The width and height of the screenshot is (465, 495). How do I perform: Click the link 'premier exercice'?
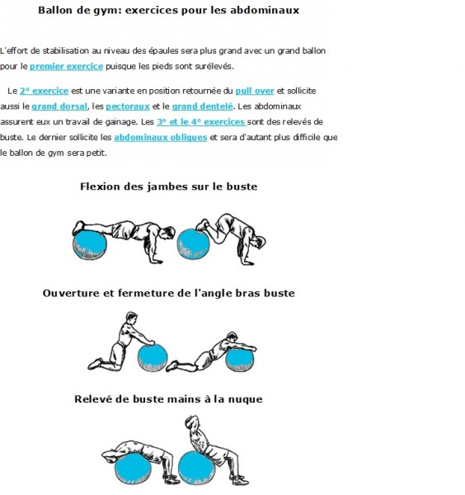pyautogui.click(x=66, y=66)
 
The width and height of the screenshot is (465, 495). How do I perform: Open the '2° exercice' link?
pyautogui.click(x=44, y=91)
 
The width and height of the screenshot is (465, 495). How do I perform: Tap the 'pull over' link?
pyautogui.click(x=255, y=91)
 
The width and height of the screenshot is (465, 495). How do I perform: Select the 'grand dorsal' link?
pyautogui.click(x=59, y=106)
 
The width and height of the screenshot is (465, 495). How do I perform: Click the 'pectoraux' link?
pyautogui.click(x=128, y=106)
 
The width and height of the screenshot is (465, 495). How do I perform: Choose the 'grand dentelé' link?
pyautogui.click(x=202, y=106)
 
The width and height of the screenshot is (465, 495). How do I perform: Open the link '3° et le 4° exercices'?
pyautogui.click(x=202, y=122)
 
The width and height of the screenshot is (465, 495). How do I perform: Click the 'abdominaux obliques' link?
pyautogui.click(x=161, y=137)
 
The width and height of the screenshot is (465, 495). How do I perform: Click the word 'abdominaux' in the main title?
pyautogui.click(x=265, y=10)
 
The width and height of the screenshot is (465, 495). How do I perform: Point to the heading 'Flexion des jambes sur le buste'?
pyautogui.click(x=169, y=186)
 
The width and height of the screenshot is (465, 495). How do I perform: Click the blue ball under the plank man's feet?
pyautogui.click(x=90, y=245)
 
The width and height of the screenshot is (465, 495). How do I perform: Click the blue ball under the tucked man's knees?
pyautogui.click(x=193, y=244)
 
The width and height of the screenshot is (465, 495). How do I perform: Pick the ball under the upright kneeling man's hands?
pyautogui.click(x=153, y=358)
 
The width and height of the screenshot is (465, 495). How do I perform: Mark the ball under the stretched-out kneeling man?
pyautogui.click(x=239, y=360)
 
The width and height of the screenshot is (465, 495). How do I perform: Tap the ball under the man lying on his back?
pyautogui.click(x=133, y=469)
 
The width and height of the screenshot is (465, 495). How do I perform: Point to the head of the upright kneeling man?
pyautogui.click(x=132, y=318)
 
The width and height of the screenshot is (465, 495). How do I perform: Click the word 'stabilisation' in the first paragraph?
pyautogui.click(x=66, y=51)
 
